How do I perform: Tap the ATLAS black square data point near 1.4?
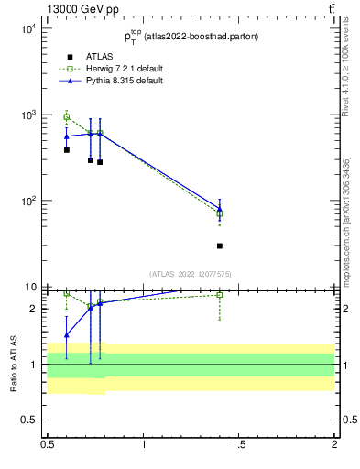(x=220, y=245)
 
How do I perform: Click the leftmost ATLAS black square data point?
(x=67, y=149)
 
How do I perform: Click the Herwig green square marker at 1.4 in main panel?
(x=220, y=214)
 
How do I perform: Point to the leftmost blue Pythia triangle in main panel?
(x=67, y=136)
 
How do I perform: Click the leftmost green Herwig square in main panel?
(x=67, y=116)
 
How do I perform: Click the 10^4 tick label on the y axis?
(x=27, y=28)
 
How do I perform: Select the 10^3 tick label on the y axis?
(x=27, y=115)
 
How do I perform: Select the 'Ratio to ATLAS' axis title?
(x=14, y=364)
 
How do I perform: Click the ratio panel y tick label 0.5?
(x=30, y=420)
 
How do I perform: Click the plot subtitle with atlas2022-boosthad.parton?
(x=191, y=37)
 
